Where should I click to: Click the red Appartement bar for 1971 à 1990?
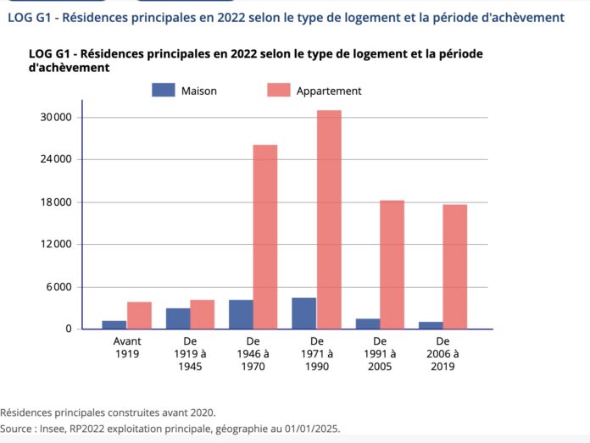(329, 219)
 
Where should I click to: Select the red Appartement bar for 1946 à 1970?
(265, 236)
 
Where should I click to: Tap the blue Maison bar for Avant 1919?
(114, 324)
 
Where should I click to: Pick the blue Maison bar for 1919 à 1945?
(177, 318)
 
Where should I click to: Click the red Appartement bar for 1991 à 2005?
(392, 264)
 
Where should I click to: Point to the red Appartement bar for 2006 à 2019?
(455, 267)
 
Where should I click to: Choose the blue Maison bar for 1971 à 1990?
(304, 313)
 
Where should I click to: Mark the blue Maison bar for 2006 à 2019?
(431, 325)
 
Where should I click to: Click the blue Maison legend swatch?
(163, 90)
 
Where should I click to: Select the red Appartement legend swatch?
(278, 90)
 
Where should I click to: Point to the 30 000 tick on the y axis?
(66, 117)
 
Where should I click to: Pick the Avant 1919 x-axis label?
(126, 347)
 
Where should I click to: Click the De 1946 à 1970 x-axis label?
(253, 353)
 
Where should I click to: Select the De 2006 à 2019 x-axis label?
(442, 353)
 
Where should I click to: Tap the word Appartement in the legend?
(329, 91)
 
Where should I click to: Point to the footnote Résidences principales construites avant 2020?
(108, 413)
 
